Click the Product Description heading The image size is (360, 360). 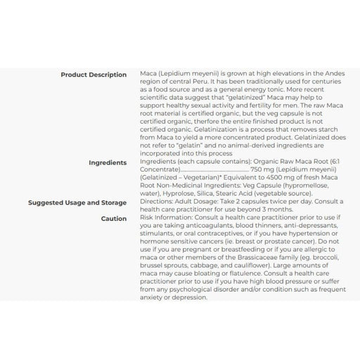click(x=94, y=75)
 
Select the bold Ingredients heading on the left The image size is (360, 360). click(x=108, y=162)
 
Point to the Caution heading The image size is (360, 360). click(x=113, y=219)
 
